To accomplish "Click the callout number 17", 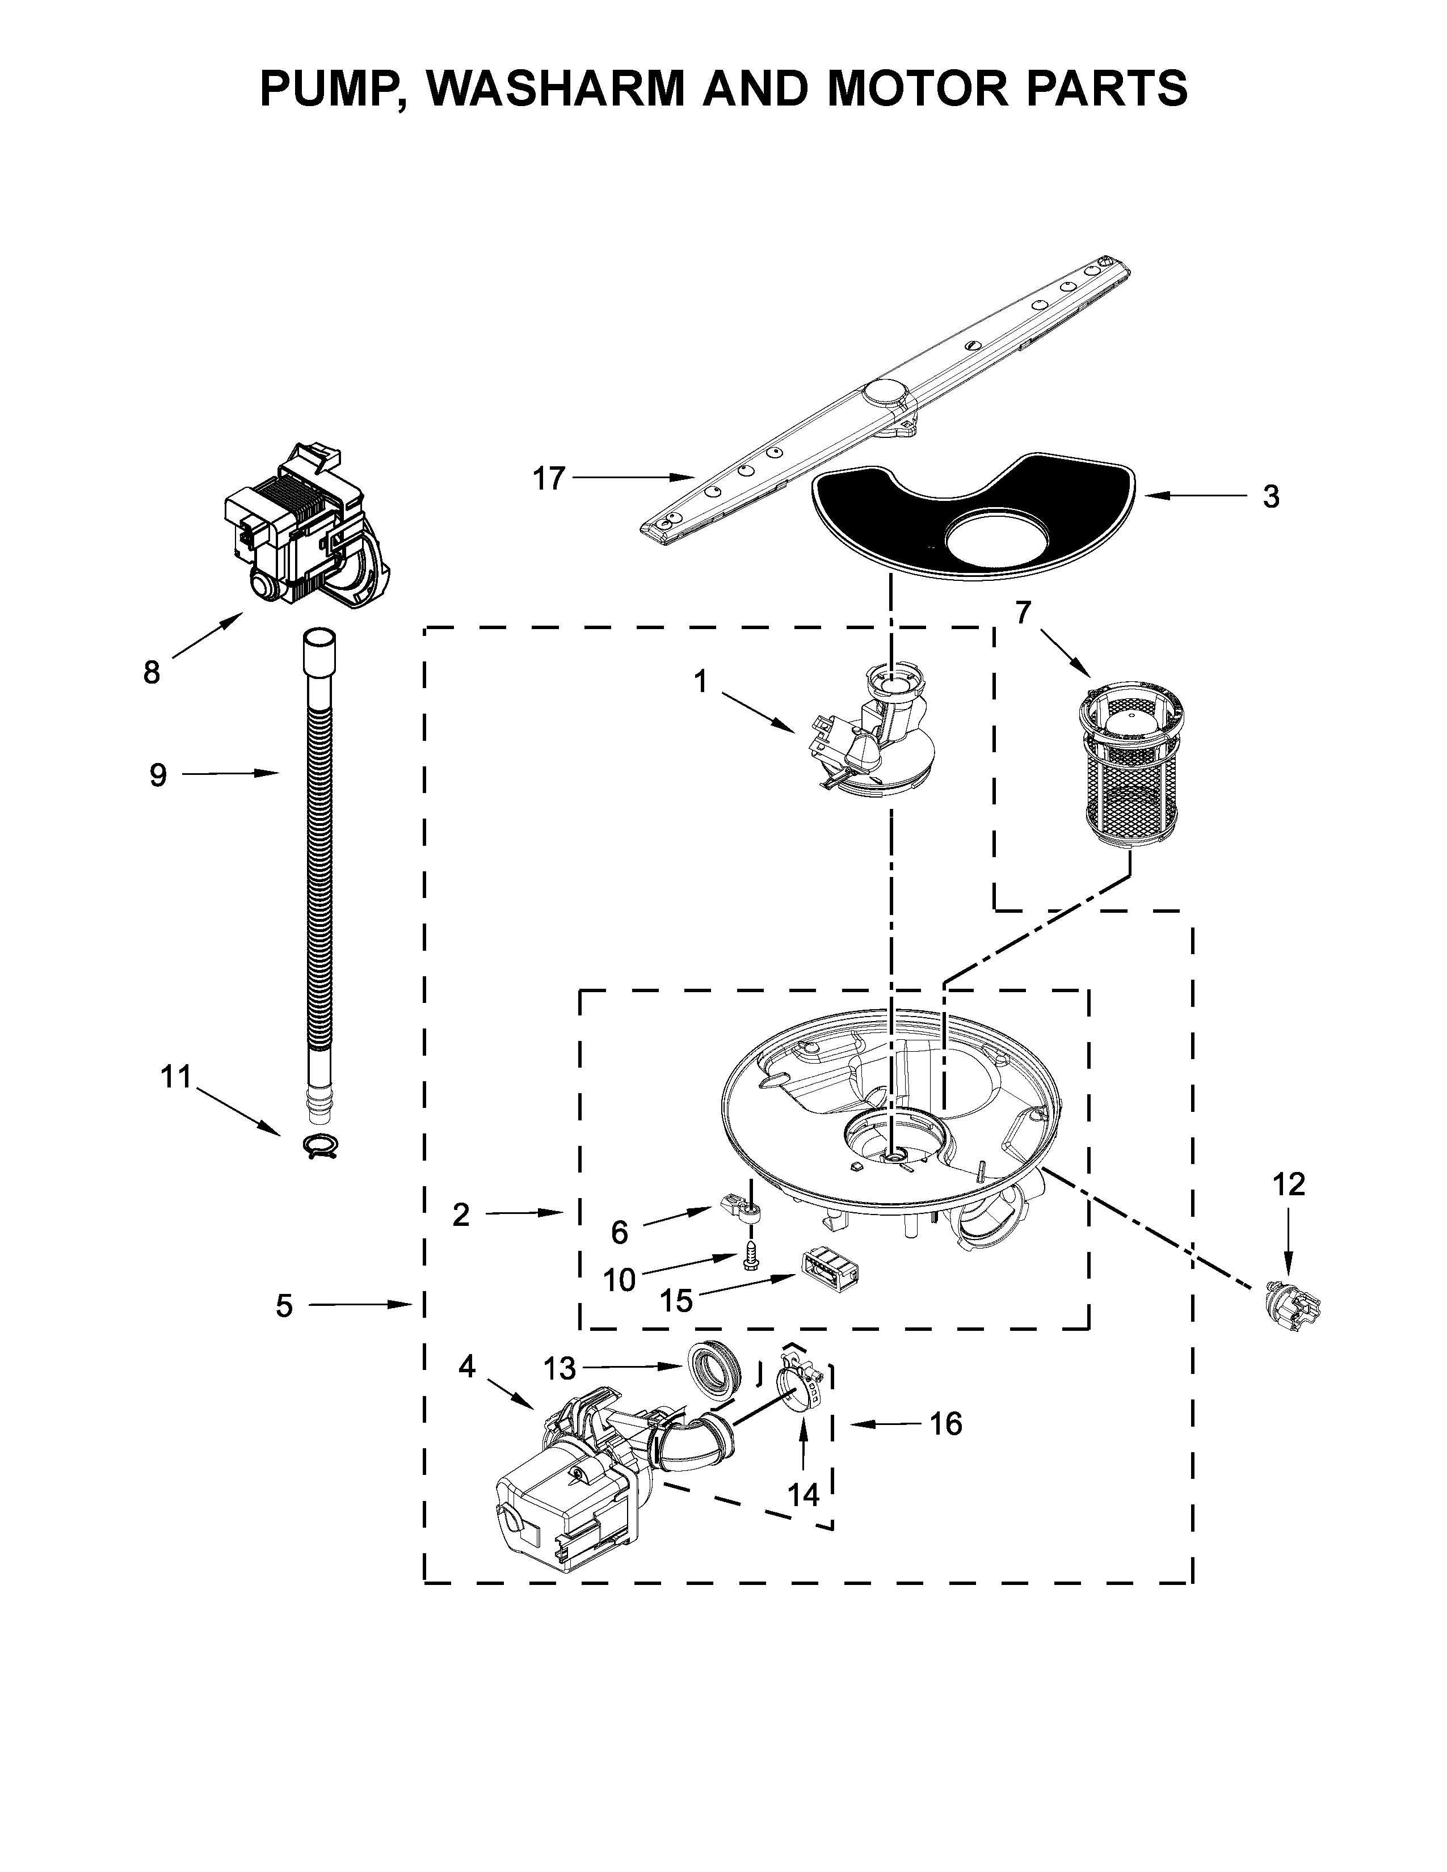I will coord(549,478).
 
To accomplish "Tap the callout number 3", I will coord(1271,496).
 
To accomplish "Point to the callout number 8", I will coord(151,673).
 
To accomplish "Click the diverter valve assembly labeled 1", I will coord(874,737).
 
